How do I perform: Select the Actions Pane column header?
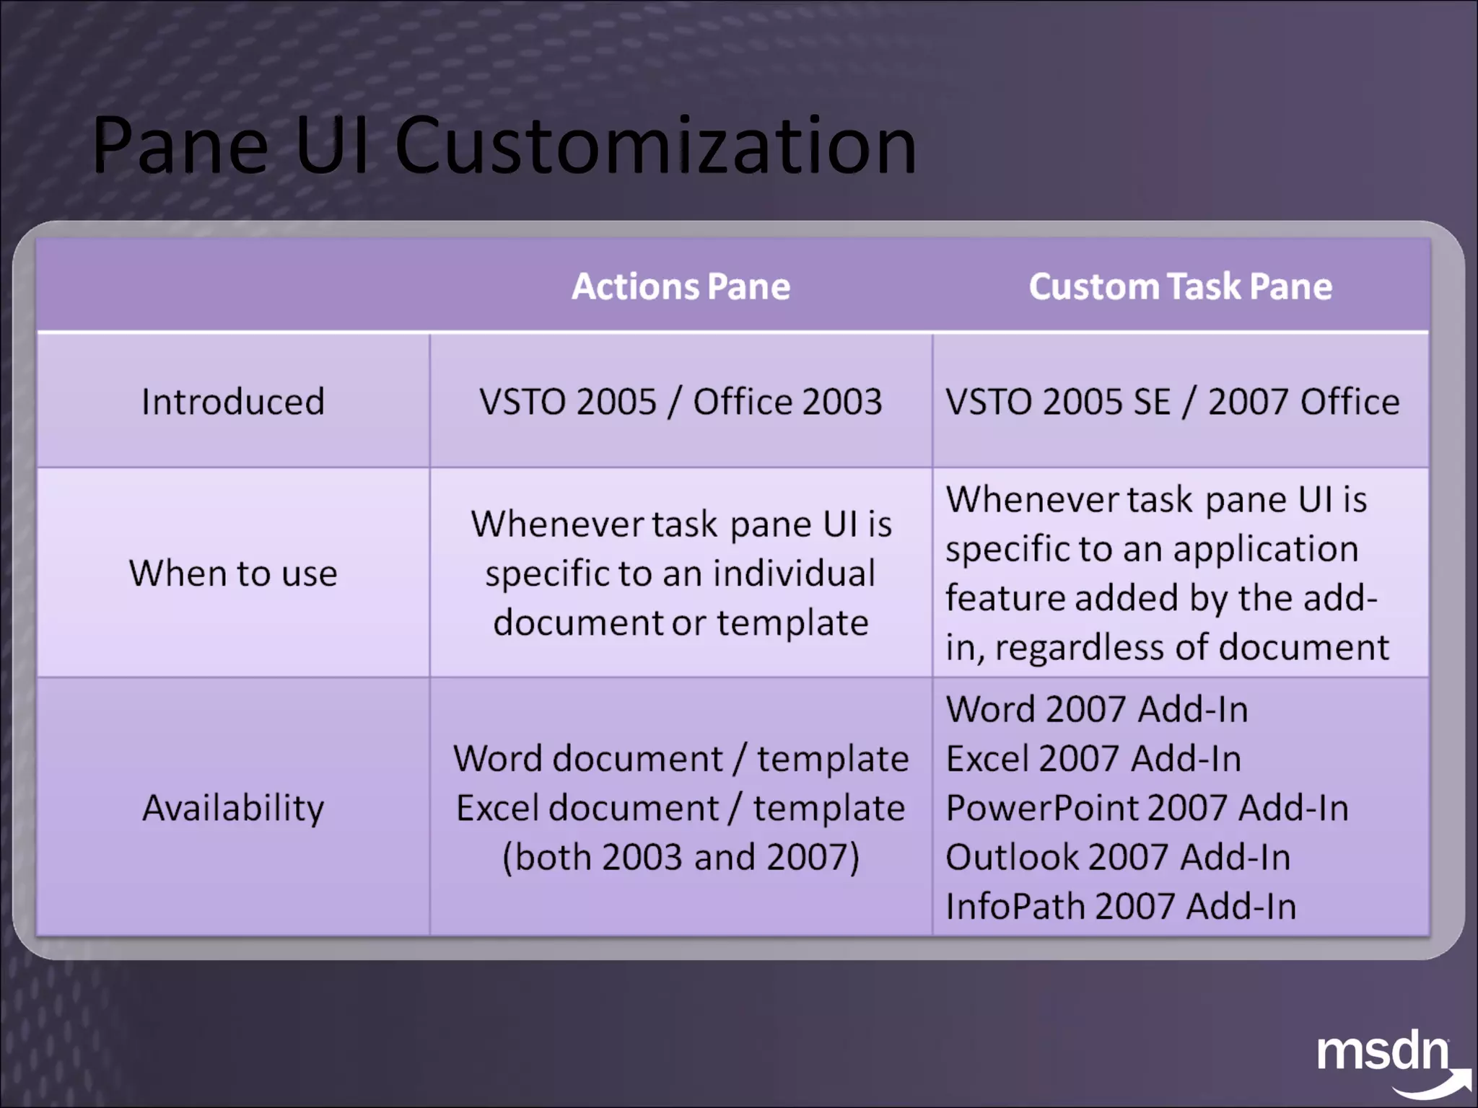pos(681,286)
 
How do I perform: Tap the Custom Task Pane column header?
pos(1180,286)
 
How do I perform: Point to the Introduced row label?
pos(233,402)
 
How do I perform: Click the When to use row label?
pos(233,573)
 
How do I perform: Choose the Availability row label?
pos(233,807)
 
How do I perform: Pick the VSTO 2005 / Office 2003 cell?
pos(681,402)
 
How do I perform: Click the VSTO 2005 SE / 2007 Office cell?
pos(1172,402)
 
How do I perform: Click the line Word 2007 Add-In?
pos(1097,709)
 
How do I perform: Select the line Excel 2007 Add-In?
pos(1093,759)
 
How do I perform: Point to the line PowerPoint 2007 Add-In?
pos(1147,808)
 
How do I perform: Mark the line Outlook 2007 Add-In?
pos(1118,857)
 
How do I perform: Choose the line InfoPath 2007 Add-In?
pos(1121,907)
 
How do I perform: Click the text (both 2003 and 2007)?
pos(681,857)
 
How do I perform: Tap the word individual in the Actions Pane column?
pos(794,573)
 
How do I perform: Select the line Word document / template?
pos(681,759)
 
